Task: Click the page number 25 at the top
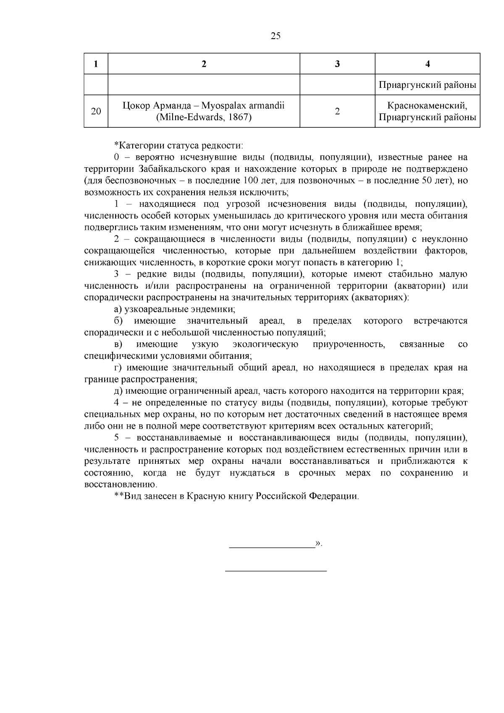tap(276, 36)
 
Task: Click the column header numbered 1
tap(96, 64)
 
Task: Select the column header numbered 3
tap(337, 64)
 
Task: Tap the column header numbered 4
tap(428, 64)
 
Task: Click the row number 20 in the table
tap(96, 111)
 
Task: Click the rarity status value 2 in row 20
tap(337, 111)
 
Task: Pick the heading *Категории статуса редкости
tap(179, 145)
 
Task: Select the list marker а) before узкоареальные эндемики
tap(118, 309)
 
